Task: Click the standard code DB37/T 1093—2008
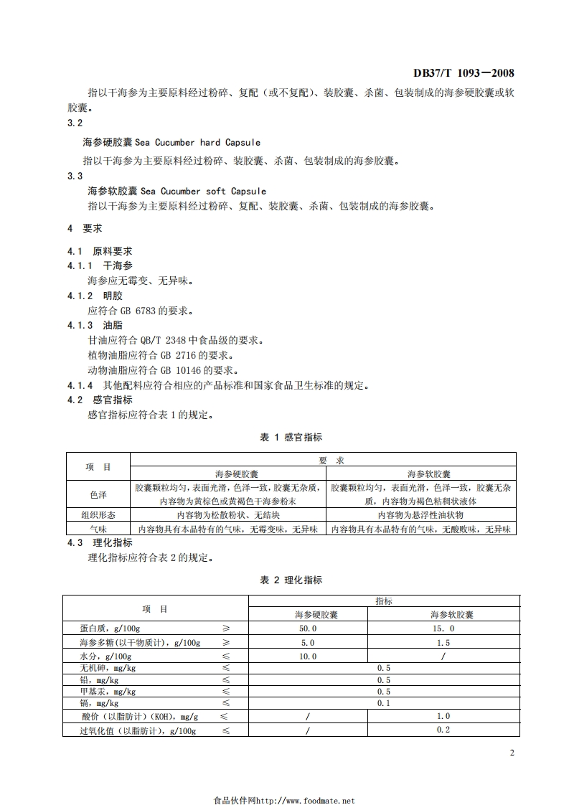click(x=464, y=73)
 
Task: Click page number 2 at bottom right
click(x=512, y=753)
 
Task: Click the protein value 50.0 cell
click(x=308, y=628)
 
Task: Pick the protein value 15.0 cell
click(x=443, y=628)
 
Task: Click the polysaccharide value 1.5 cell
click(x=443, y=642)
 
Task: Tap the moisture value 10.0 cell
click(x=308, y=656)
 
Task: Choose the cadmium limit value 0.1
click(x=383, y=703)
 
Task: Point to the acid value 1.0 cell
click(x=443, y=716)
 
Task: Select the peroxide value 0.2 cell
click(x=443, y=730)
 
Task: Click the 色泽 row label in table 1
click(x=98, y=495)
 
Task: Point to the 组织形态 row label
click(x=98, y=515)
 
